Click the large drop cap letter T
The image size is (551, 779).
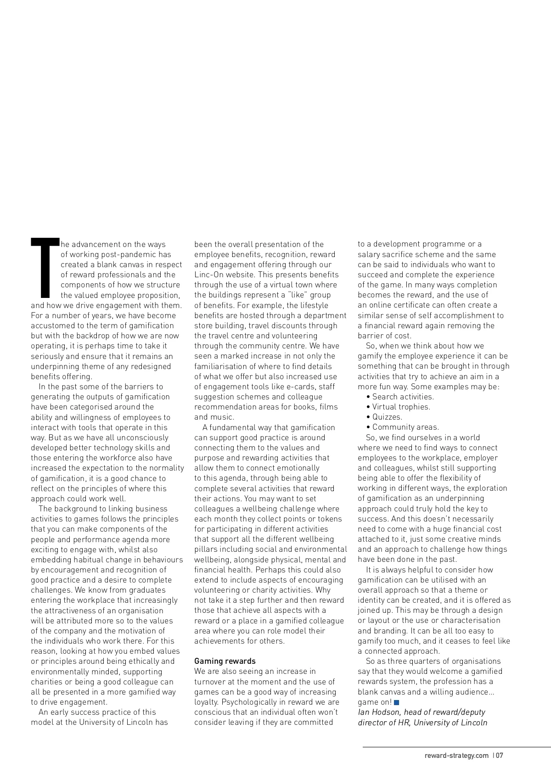click(x=45, y=268)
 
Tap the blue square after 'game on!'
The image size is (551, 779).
click(x=397, y=702)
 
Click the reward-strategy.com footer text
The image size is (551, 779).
click(x=456, y=756)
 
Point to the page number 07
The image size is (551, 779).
click(x=499, y=756)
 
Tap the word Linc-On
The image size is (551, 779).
click(x=209, y=275)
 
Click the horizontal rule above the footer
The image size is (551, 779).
click(x=456, y=747)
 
